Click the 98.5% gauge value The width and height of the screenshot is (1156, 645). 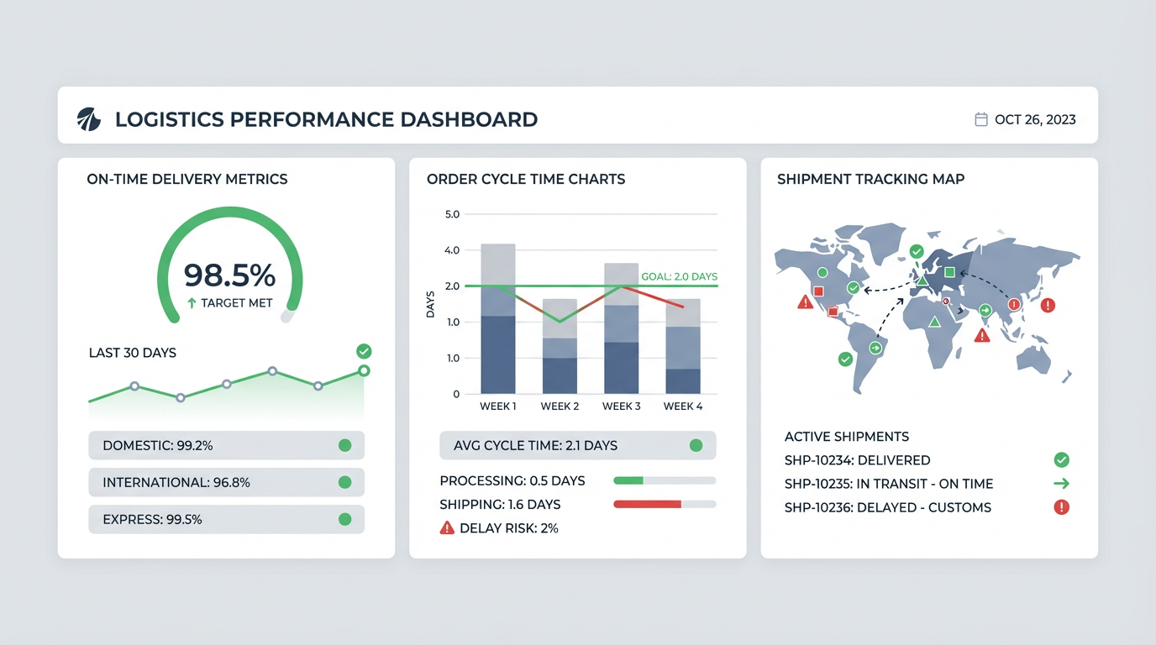229,275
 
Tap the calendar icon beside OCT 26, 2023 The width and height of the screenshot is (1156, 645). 980,119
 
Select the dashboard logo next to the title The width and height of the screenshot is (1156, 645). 88,119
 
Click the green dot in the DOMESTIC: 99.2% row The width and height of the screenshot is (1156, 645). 344,445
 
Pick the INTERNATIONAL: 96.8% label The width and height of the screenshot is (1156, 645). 176,482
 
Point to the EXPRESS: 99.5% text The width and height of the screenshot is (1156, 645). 152,519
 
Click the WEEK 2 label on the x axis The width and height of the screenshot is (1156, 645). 560,406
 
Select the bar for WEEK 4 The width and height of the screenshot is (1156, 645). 683,346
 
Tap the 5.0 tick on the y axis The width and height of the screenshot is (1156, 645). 452,214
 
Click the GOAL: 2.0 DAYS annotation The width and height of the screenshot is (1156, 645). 679,276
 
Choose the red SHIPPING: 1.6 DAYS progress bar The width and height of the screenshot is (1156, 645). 647,504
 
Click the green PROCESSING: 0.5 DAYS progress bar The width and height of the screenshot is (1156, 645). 628,480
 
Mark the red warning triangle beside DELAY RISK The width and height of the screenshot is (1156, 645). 447,528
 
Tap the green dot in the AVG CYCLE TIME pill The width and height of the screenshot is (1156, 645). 696,445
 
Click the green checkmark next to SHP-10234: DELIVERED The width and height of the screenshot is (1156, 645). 1061,459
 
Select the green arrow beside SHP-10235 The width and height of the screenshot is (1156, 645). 1061,484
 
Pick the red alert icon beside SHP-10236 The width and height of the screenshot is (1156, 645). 1061,507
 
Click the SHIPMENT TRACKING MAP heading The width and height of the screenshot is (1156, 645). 870,179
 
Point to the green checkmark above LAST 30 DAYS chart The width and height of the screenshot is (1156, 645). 364,351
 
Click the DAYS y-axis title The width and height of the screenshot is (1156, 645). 431,304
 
